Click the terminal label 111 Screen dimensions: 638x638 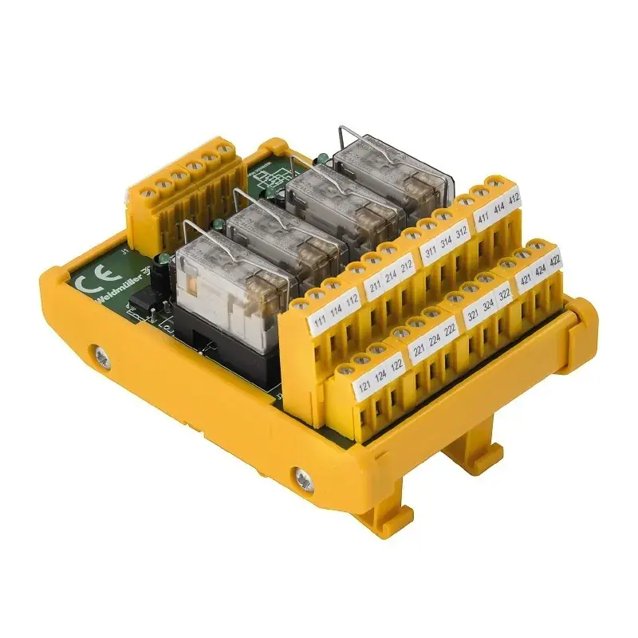coord(317,322)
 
